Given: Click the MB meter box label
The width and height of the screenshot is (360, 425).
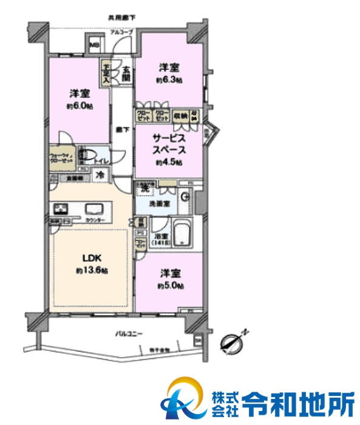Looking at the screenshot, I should [95, 44].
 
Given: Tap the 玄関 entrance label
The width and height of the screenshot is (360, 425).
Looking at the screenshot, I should [125, 73].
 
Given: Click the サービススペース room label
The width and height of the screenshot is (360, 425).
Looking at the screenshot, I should [169, 143].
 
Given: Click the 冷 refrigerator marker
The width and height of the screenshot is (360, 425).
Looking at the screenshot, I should [100, 176].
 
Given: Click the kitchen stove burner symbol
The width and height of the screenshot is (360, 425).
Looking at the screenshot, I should [61, 209].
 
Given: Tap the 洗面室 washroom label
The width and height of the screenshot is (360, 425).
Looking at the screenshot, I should [158, 204].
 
